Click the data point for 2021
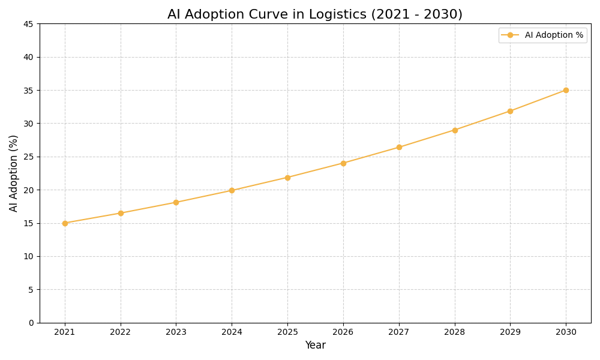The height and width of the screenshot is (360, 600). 65,223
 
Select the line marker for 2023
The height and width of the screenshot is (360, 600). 176,202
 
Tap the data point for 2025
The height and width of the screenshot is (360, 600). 287,178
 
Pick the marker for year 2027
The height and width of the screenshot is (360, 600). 399,147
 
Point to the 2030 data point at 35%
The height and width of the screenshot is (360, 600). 566,90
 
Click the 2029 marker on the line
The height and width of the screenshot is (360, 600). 510,111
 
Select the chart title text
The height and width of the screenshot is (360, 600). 314,14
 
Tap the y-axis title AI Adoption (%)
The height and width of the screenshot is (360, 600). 14,173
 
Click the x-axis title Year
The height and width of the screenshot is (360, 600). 315,346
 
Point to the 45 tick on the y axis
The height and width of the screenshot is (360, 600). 28,24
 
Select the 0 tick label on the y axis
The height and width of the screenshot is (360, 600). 31,323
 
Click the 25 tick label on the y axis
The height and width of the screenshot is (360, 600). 28,157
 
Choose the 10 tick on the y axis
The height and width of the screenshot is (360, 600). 28,256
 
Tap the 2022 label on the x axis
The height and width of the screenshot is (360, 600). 121,332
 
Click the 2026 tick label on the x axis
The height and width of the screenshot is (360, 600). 343,332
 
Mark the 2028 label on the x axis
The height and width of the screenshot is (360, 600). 455,332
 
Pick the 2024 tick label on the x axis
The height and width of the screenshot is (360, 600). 232,332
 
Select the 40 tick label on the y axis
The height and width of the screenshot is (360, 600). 28,57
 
